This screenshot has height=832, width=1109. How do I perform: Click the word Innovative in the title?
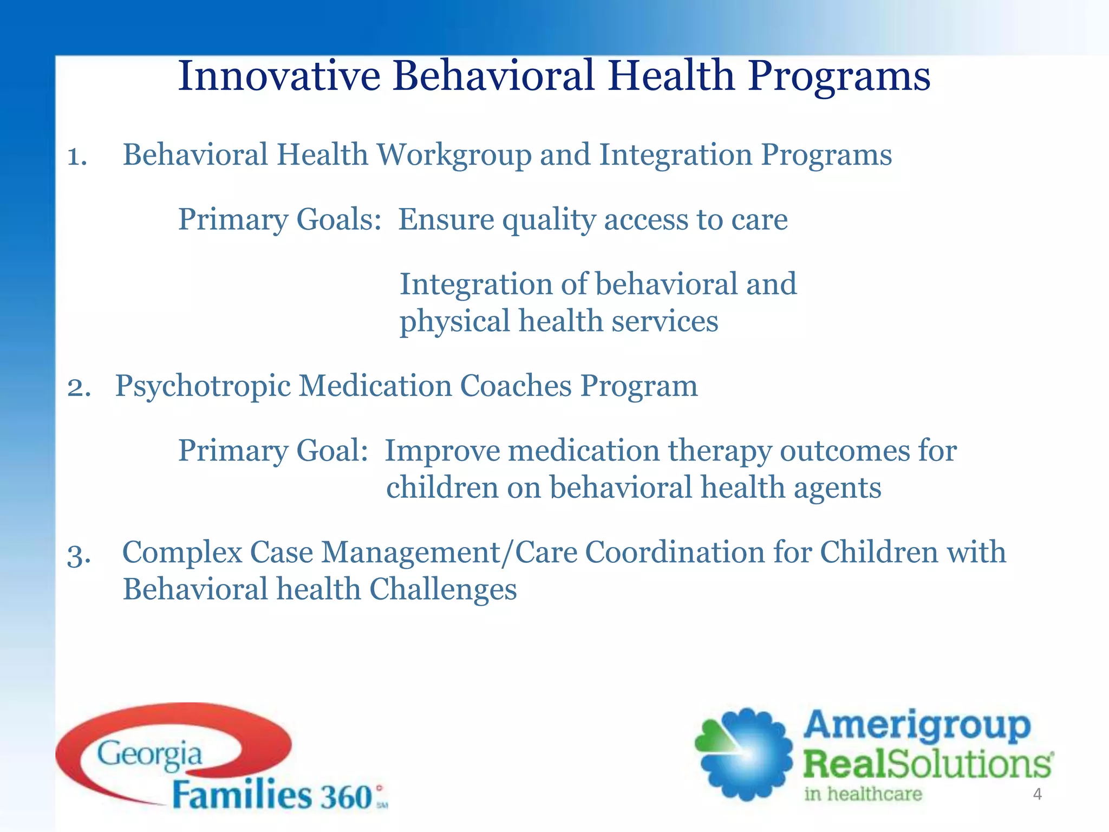279,76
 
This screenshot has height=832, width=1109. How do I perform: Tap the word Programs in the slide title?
839,77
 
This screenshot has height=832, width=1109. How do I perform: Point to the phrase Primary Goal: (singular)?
273,451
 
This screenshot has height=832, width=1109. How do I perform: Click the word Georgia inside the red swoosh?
149,755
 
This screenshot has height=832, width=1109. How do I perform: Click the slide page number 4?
1037,795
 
